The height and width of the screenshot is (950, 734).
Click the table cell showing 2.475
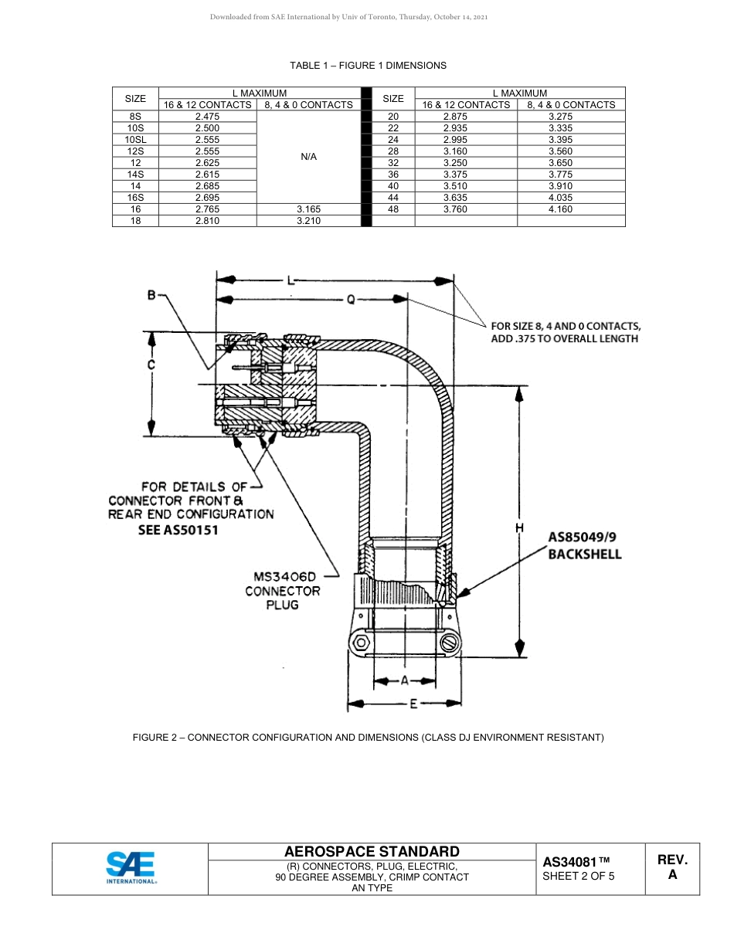pos(207,116)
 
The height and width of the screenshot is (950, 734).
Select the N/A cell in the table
pos(308,157)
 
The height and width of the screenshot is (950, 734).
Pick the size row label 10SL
pos(135,139)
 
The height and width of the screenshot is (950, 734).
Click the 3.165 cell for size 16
pos(308,209)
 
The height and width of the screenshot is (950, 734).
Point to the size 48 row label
pos(392,209)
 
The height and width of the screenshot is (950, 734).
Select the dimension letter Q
pos(349,299)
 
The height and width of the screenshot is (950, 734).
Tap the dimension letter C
pos(151,365)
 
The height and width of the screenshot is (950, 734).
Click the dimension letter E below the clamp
pos(413,703)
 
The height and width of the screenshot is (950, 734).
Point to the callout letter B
pos(152,294)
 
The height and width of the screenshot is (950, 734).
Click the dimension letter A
pos(404,680)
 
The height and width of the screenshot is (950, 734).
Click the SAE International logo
pos(130,868)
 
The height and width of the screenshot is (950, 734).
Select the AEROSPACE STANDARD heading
pos(372,851)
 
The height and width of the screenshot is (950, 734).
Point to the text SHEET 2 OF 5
pos(579,876)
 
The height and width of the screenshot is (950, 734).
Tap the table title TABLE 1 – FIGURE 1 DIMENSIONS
pos(368,66)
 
